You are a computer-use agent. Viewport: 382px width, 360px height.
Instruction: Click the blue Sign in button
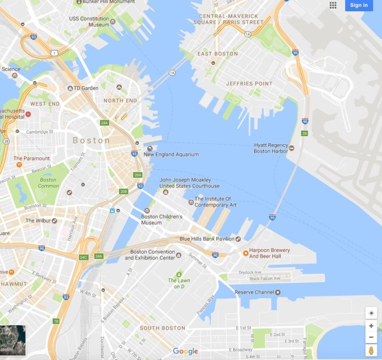coord(359,5)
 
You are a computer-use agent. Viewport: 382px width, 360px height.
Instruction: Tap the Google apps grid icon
coord(333,5)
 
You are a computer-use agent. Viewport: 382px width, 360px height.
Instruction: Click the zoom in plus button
coord(371,326)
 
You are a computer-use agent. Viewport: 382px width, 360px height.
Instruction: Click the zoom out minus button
coord(371,337)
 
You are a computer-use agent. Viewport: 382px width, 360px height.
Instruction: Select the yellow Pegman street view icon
coord(371,350)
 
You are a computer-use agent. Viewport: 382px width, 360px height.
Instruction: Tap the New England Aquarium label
coord(171,154)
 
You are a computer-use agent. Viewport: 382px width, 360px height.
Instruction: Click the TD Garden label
coord(86,88)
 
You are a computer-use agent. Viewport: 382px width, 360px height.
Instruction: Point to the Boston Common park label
coord(48,183)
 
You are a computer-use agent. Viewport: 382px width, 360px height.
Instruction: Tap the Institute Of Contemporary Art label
coord(215,202)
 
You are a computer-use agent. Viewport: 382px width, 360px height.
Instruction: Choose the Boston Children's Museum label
coord(161,219)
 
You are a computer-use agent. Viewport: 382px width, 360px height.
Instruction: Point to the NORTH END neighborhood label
coord(120,101)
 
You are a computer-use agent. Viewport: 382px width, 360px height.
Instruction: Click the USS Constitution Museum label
coord(90,22)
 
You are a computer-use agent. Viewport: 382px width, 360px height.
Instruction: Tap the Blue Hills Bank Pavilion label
coord(206,239)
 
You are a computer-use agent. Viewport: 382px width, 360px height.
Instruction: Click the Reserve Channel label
coord(254,292)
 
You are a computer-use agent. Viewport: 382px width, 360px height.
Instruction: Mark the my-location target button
coord(371,313)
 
